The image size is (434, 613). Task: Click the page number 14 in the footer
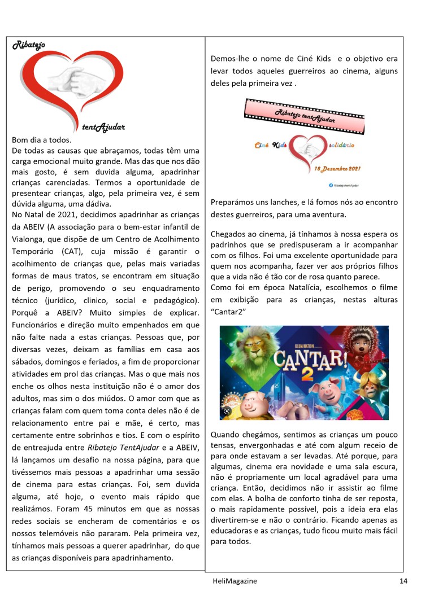(403, 581)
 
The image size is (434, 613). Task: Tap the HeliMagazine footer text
(231, 580)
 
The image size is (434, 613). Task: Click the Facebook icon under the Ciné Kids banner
(330, 185)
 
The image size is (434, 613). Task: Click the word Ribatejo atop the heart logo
(29, 45)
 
